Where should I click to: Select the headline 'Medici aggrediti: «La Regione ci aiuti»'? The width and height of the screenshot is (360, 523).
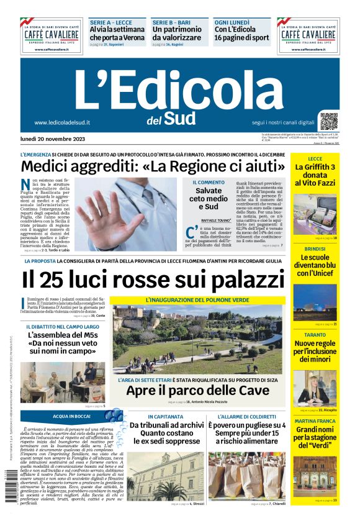(148, 166)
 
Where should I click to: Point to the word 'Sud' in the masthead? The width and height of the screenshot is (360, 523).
(181, 117)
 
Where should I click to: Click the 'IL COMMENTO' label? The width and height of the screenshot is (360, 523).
(208, 182)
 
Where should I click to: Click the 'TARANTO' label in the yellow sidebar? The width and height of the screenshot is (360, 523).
(315, 335)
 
